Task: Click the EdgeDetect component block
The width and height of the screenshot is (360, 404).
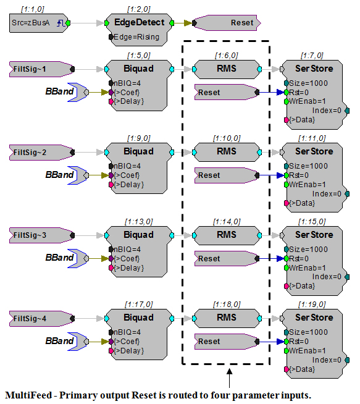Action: (x=139, y=30)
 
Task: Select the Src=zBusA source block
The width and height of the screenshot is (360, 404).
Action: (x=40, y=23)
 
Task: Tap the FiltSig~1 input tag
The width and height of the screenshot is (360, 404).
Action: (x=42, y=69)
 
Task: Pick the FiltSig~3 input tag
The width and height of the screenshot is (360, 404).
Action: (x=42, y=235)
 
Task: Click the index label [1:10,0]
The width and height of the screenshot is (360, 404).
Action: (x=227, y=138)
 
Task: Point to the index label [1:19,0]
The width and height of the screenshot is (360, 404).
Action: (x=312, y=305)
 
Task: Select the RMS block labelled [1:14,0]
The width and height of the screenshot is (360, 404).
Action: (x=227, y=235)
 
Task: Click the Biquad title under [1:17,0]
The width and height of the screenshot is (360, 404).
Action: (x=138, y=318)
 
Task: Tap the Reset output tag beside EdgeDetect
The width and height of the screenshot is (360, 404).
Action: (x=227, y=23)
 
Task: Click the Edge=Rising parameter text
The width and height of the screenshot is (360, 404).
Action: (x=136, y=37)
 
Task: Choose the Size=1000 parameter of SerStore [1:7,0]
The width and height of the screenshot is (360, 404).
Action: (x=308, y=83)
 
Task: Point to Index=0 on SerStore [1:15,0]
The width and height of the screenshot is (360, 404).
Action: (x=327, y=277)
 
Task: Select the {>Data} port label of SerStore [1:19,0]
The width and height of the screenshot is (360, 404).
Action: (x=302, y=369)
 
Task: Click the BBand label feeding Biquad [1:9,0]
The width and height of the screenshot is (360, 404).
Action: (x=59, y=175)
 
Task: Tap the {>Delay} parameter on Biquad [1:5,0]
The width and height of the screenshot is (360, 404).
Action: (x=128, y=101)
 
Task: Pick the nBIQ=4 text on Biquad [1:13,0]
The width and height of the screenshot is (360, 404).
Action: (x=127, y=250)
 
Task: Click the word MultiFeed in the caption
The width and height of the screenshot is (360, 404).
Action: (x=28, y=395)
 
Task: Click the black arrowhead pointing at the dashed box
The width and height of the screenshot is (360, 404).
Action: (x=229, y=371)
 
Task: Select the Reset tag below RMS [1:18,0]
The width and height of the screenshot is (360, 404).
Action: (x=227, y=342)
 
